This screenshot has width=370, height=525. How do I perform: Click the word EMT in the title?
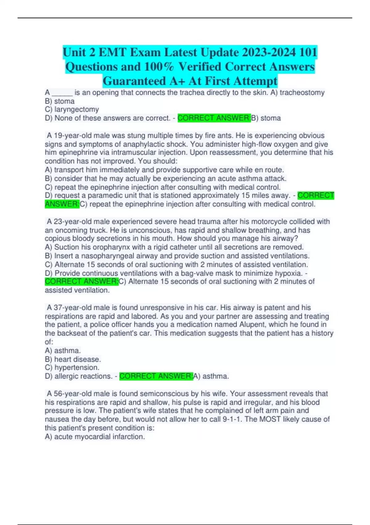(113, 52)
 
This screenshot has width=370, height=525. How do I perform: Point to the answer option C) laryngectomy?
(72, 109)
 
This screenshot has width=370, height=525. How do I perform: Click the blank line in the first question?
(62, 93)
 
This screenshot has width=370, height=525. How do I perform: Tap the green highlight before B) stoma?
(214, 118)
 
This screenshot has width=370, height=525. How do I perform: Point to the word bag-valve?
(201, 273)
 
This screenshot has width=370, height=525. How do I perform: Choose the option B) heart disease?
(73, 359)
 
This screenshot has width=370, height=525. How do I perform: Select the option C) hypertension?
(72, 367)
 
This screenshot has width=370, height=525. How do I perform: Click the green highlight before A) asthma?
(156, 376)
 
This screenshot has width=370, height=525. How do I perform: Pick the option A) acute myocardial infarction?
(95, 437)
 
